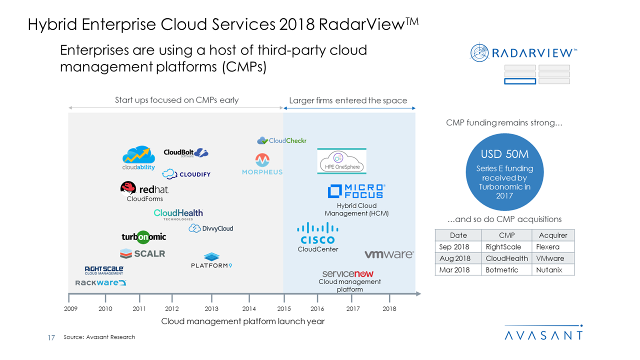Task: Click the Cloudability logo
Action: [138, 158]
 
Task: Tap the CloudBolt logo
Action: [186, 153]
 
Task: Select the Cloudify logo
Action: [186, 174]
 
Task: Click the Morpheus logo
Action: [262, 164]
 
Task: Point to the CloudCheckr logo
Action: [282, 140]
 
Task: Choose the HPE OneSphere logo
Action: [342, 161]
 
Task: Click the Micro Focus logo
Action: [356, 191]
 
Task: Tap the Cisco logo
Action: [318, 233]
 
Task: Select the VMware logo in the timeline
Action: [389, 254]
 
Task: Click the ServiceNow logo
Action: [348, 273]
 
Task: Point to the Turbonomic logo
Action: [144, 236]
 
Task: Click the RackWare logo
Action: [100, 283]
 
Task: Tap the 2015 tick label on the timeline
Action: [284, 308]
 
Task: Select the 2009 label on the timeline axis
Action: [71, 308]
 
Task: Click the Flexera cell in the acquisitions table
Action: [548, 247]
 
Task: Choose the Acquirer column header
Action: [553, 235]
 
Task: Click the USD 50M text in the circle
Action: [504, 154]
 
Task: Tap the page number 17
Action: [51, 337]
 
